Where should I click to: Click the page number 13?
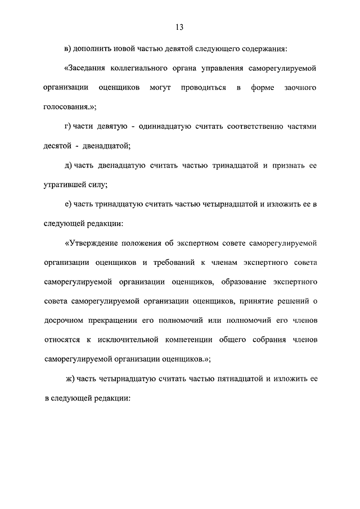point(179,26)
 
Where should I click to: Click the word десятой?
point(57,146)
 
